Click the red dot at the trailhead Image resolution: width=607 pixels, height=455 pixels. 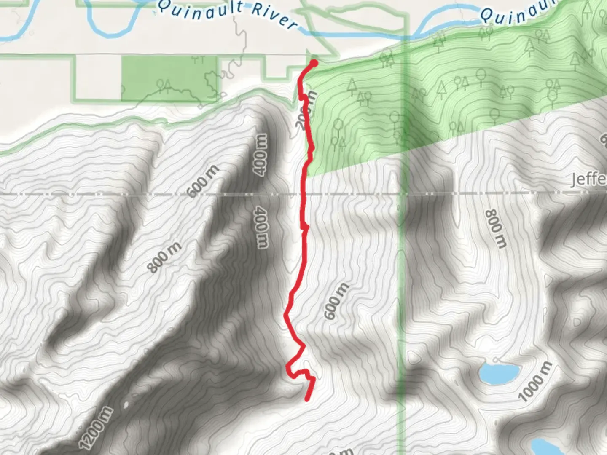tap(314, 63)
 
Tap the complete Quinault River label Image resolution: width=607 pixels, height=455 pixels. tap(228, 15)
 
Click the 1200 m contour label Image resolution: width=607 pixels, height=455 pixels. tap(96, 427)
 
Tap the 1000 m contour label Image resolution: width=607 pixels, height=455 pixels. tap(535, 382)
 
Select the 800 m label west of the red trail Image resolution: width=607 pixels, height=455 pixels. tap(164, 257)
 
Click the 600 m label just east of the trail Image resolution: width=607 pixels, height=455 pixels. tap(336, 301)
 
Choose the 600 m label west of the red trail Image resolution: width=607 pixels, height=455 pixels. tap(203, 181)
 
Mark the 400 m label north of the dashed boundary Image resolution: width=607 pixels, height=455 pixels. tap(260, 154)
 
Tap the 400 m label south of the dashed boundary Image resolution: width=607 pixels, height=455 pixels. tap(262, 227)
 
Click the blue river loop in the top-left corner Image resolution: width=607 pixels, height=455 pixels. tap(112, 19)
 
